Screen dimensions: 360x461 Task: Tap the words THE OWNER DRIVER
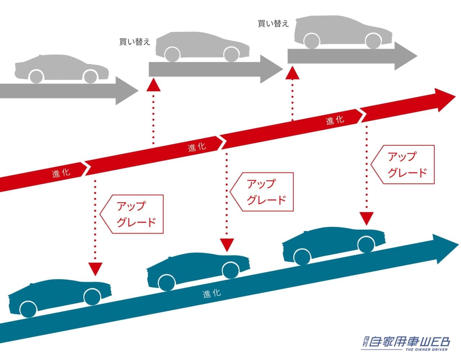click(x=426, y=349)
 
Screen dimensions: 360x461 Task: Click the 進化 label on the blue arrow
click(x=212, y=293)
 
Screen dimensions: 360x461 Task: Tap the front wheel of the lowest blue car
click(x=92, y=296)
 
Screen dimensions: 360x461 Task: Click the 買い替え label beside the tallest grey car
click(x=273, y=24)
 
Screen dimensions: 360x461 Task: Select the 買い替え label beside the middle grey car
click(x=135, y=42)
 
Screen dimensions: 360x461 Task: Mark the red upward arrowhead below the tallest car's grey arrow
click(x=292, y=73)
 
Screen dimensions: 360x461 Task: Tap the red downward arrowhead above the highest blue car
click(x=366, y=218)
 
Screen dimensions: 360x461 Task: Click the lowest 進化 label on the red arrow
click(x=61, y=173)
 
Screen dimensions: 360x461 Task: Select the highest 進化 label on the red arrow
click(x=335, y=120)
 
